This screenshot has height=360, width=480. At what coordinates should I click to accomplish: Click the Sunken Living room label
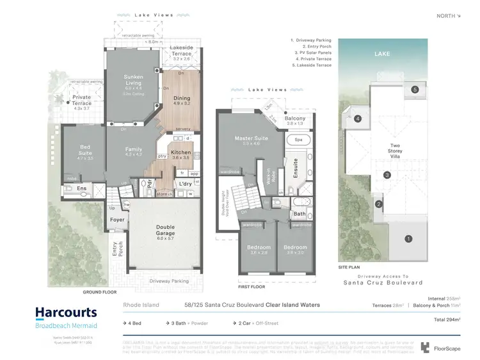point(133,79)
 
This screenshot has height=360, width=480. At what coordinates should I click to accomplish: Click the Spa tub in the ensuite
point(298,139)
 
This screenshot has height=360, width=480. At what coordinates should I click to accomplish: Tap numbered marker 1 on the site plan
point(408,239)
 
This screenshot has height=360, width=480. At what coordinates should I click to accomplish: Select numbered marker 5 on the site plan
point(415,90)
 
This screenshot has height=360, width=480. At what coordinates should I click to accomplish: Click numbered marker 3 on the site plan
point(387,175)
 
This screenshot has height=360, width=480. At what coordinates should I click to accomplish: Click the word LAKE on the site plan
point(382,54)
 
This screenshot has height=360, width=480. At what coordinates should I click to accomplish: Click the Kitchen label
point(181,152)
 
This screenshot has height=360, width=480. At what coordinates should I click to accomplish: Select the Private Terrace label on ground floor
point(82,103)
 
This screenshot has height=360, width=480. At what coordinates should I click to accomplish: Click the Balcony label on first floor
point(295,119)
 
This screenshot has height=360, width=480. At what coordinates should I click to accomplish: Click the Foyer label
point(118,220)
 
